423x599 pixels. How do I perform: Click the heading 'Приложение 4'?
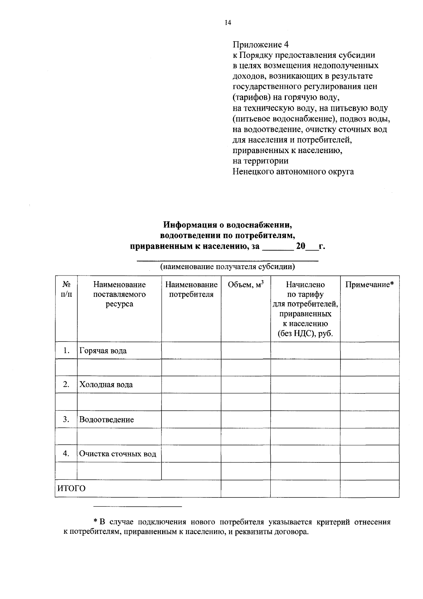260,45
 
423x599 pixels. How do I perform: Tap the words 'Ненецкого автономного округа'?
293,172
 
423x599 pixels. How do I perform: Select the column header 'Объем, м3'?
246,285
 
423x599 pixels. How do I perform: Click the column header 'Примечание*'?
369,285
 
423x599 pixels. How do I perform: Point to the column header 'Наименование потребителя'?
191,289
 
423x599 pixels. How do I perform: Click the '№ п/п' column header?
66,289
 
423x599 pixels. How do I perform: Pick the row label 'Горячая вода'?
103,351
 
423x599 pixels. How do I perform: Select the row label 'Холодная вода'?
106,385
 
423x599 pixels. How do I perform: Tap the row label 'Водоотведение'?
106,419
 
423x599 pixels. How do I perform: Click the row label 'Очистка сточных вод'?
118,454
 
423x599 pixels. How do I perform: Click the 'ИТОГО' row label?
72,489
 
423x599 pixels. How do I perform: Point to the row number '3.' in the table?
66,419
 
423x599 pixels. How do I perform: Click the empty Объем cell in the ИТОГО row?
246,489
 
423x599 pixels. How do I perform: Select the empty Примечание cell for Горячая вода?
369,351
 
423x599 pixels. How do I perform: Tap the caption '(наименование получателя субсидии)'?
227,266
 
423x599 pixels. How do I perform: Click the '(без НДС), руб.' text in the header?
305,333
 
